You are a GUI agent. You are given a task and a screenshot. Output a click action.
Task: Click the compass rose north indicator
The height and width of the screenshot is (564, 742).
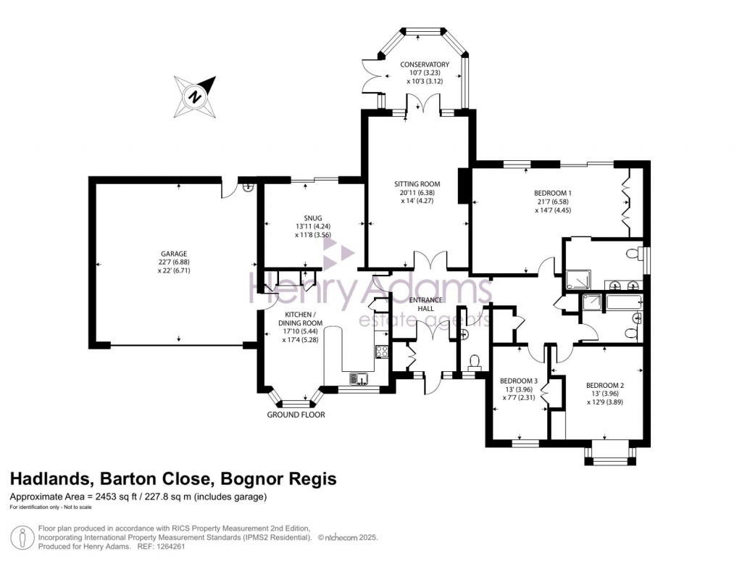(x=195, y=97)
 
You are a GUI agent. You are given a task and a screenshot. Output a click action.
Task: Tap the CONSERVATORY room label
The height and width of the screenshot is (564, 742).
(x=425, y=65)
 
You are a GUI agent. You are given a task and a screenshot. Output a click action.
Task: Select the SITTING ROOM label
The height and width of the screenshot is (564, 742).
(x=417, y=183)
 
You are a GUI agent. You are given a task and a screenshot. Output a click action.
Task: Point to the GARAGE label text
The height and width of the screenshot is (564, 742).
(x=174, y=254)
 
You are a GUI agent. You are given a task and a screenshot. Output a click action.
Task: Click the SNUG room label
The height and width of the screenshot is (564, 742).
(x=313, y=217)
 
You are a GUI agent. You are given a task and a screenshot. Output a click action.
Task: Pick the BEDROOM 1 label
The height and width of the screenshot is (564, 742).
(x=553, y=193)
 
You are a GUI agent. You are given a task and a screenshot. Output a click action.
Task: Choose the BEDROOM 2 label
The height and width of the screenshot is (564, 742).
(x=605, y=385)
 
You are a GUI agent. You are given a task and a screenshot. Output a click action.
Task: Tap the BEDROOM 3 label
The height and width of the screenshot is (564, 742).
(x=519, y=381)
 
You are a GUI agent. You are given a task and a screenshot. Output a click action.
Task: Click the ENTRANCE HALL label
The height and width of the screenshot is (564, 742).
(x=426, y=304)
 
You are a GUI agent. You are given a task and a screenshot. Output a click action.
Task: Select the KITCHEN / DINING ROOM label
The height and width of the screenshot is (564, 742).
(x=300, y=319)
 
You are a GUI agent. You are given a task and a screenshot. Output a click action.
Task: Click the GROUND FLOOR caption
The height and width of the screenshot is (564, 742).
(x=296, y=415)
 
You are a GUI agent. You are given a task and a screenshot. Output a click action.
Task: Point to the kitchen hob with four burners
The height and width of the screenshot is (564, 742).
(x=382, y=352)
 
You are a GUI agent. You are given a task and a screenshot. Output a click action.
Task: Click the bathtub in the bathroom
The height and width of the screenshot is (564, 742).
(x=624, y=302)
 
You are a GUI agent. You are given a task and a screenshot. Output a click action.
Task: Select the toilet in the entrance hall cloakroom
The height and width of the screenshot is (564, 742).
(x=474, y=362)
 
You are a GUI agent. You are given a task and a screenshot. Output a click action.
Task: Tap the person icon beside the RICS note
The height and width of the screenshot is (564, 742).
(x=22, y=538)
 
